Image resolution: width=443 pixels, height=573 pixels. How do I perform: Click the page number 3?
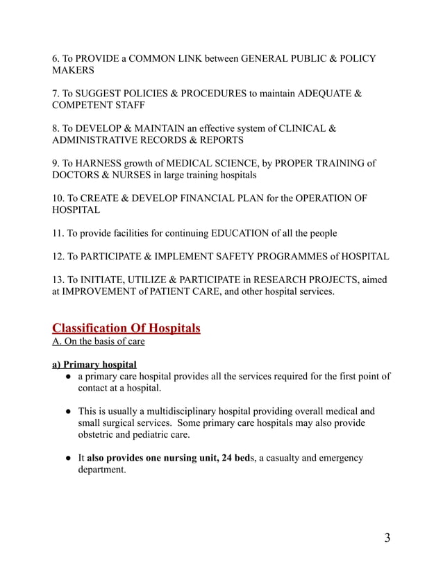tap(387, 538)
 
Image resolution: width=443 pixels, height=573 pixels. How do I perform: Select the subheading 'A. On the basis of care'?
tap(99, 342)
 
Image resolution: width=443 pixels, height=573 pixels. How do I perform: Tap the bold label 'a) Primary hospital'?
tap(94, 364)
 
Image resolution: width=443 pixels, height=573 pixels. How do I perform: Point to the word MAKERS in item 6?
tap(73, 70)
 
